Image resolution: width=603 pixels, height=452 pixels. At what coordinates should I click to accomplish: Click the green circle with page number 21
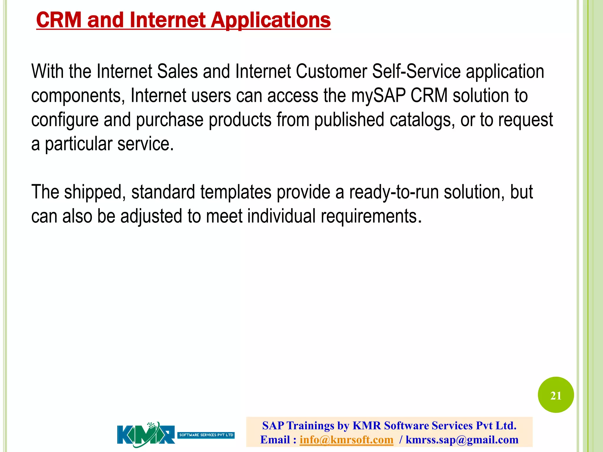556,395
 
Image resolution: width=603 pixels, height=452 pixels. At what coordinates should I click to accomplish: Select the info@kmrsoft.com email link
346,440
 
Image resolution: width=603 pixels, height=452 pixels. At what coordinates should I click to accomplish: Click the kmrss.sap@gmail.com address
462,440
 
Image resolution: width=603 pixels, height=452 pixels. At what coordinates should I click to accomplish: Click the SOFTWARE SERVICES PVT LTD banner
206,435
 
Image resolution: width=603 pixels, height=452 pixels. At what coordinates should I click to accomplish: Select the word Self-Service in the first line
416,72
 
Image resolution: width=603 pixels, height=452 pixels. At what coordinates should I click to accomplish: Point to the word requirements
369,216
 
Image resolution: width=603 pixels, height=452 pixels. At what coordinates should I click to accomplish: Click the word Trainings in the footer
310,426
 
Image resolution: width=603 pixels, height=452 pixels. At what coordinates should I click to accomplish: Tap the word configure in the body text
65,120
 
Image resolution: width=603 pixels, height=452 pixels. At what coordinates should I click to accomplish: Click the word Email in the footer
275,440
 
